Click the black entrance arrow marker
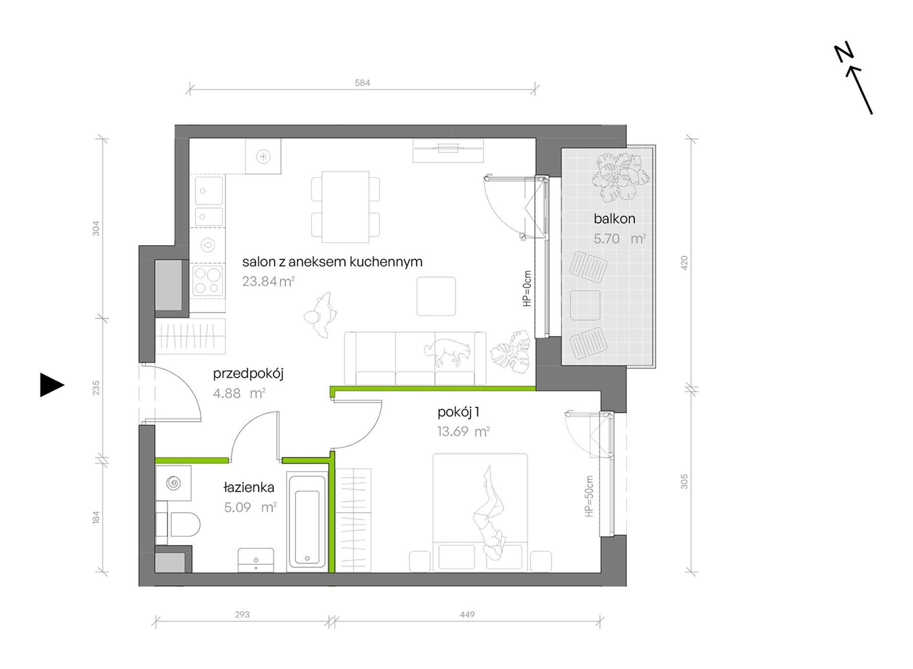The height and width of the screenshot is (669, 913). [x=51, y=385]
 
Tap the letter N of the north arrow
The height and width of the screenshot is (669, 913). [x=843, y=52]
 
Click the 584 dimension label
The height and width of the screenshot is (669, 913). [x=362, y=83]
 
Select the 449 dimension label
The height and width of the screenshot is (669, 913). [x=467, y=614]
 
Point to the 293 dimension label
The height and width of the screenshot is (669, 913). [x=242, y=614]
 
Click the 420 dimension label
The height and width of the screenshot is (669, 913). [x=684, y=263]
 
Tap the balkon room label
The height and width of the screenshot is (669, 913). [x=614, y=219]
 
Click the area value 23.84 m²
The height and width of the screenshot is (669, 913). [x=268, y=281]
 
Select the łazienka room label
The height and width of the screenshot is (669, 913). [x=249, y=487]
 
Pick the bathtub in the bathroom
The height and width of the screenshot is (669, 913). [x=307, y=522]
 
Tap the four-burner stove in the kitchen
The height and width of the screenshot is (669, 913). [x=208, y=281]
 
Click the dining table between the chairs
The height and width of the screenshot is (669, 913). [x=345, y=207]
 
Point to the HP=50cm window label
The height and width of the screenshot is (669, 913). [x=589, y=496]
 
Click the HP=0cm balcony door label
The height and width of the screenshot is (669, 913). [x=527, y=289]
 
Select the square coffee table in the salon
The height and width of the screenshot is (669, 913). [x=436, y=296]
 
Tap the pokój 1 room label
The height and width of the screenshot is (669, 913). [x=458, y=412]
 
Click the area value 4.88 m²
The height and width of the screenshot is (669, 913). [x=239, y=393]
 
